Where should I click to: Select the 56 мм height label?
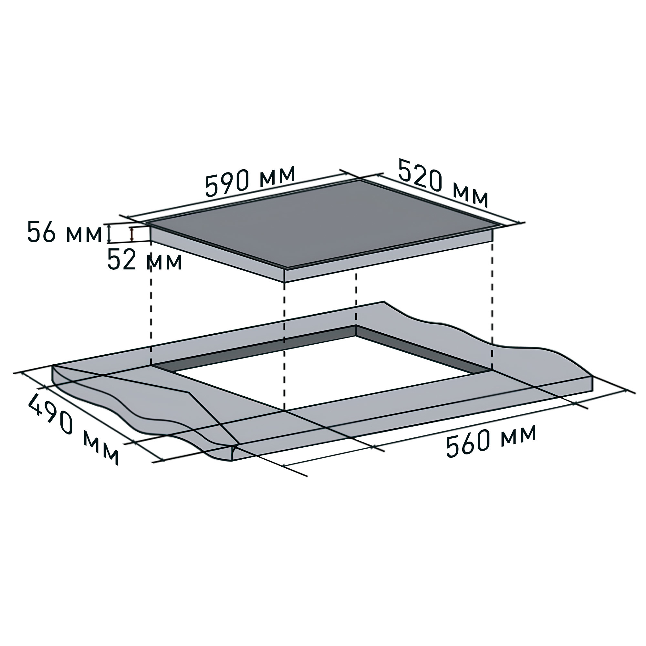tap(64, 232)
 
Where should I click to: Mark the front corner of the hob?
tap(285, 268)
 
